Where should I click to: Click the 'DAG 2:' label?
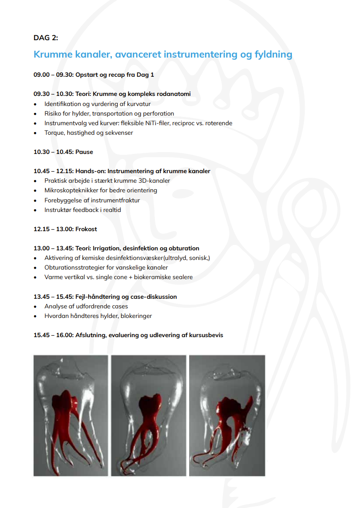point(46,37)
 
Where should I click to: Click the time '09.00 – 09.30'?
point(53,74)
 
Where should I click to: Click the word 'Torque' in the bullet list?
point(54,133)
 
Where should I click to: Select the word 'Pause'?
point(84,152)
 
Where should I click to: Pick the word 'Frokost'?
point(86,229)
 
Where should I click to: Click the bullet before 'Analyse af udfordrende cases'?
point(36,307)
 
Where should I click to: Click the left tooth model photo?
point(71,415)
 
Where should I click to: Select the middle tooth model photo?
point(148,415)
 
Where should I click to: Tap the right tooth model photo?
point(227,415)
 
